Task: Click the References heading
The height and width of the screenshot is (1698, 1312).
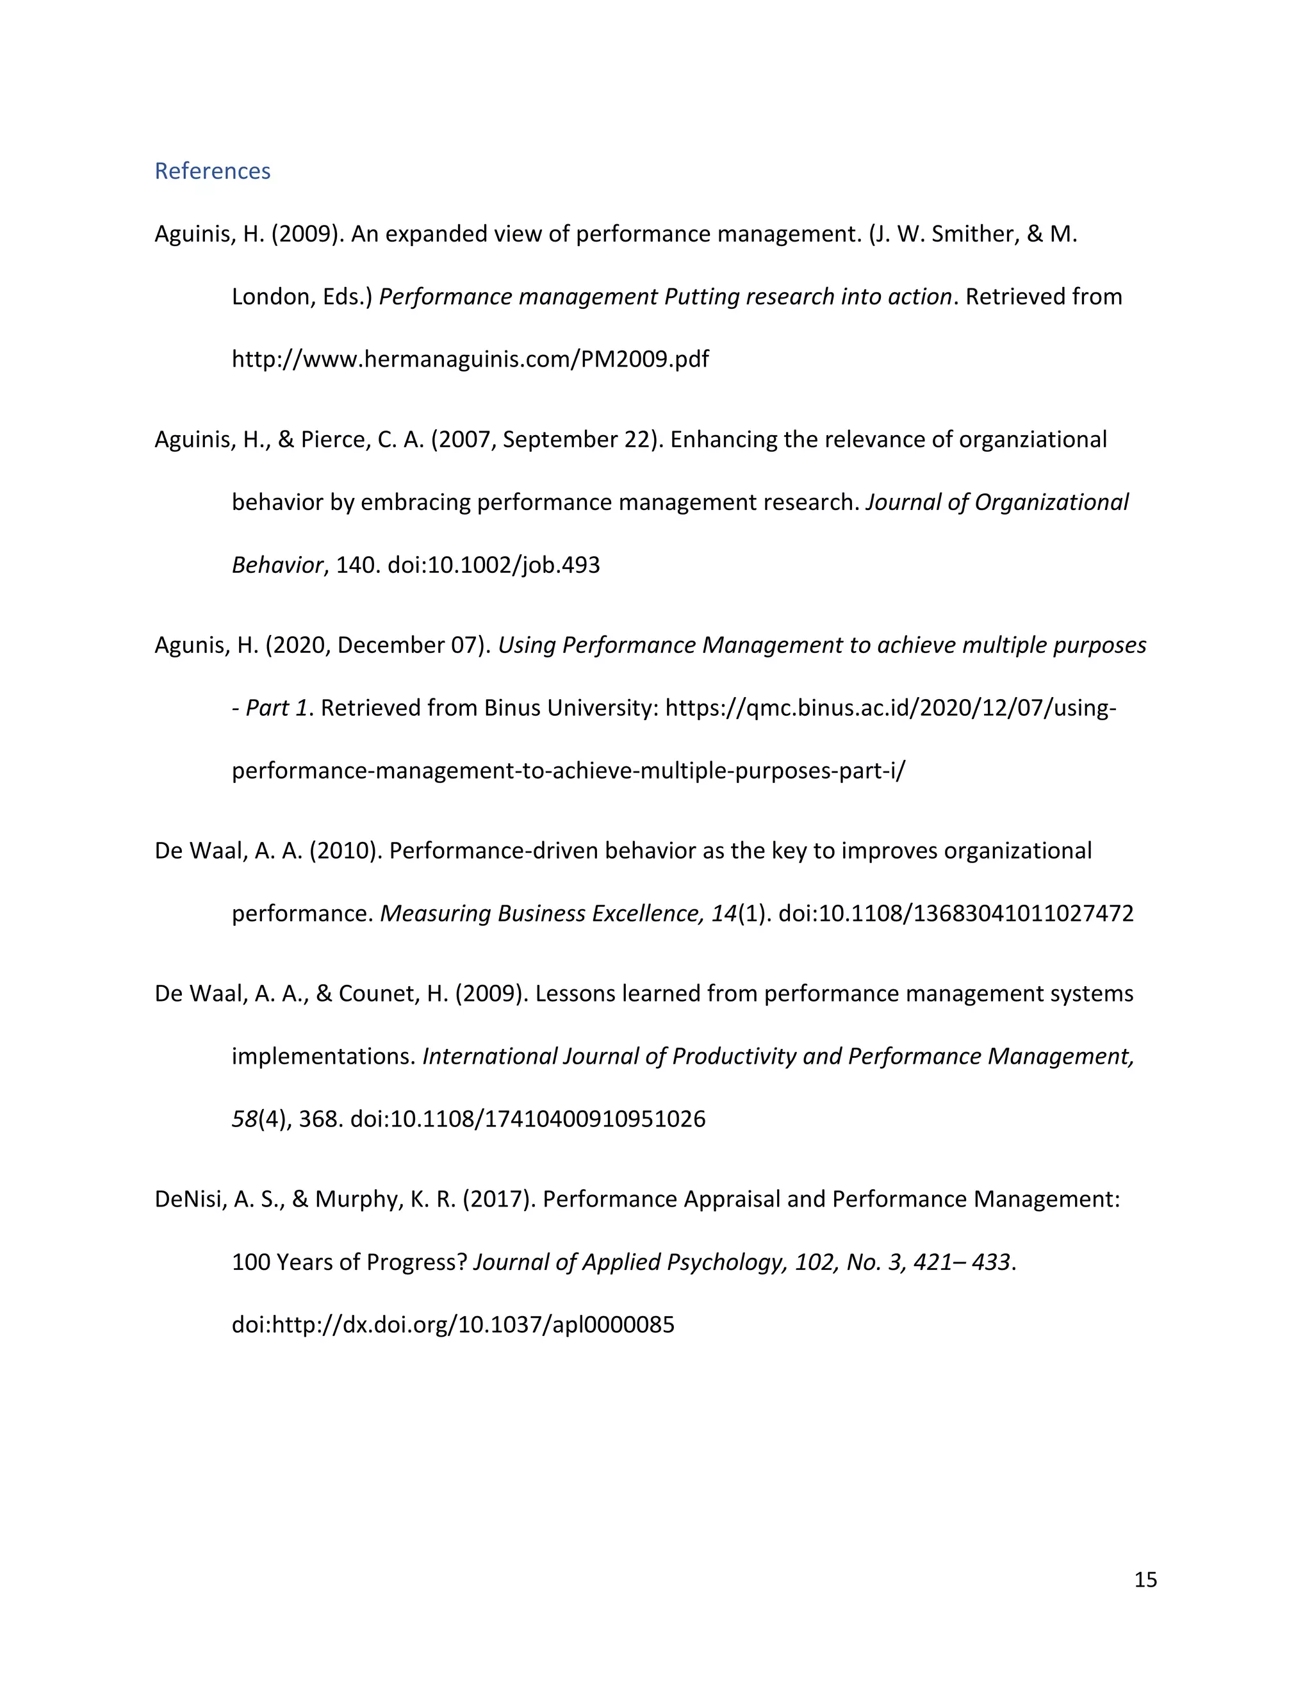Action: (x=212, y=171)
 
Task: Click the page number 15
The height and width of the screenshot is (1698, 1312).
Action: (x=1145, y=1580)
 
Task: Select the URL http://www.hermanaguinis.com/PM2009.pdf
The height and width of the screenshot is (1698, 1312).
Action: (x=470, y=359)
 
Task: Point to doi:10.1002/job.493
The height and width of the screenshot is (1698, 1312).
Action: (x=493, y=565)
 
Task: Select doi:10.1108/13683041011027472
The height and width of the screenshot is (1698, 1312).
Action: (x=956, y=914)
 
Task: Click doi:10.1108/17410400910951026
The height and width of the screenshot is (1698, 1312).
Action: (x=528, y=1119)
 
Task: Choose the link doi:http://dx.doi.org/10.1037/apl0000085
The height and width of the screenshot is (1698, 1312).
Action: (x=453, y=1325)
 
